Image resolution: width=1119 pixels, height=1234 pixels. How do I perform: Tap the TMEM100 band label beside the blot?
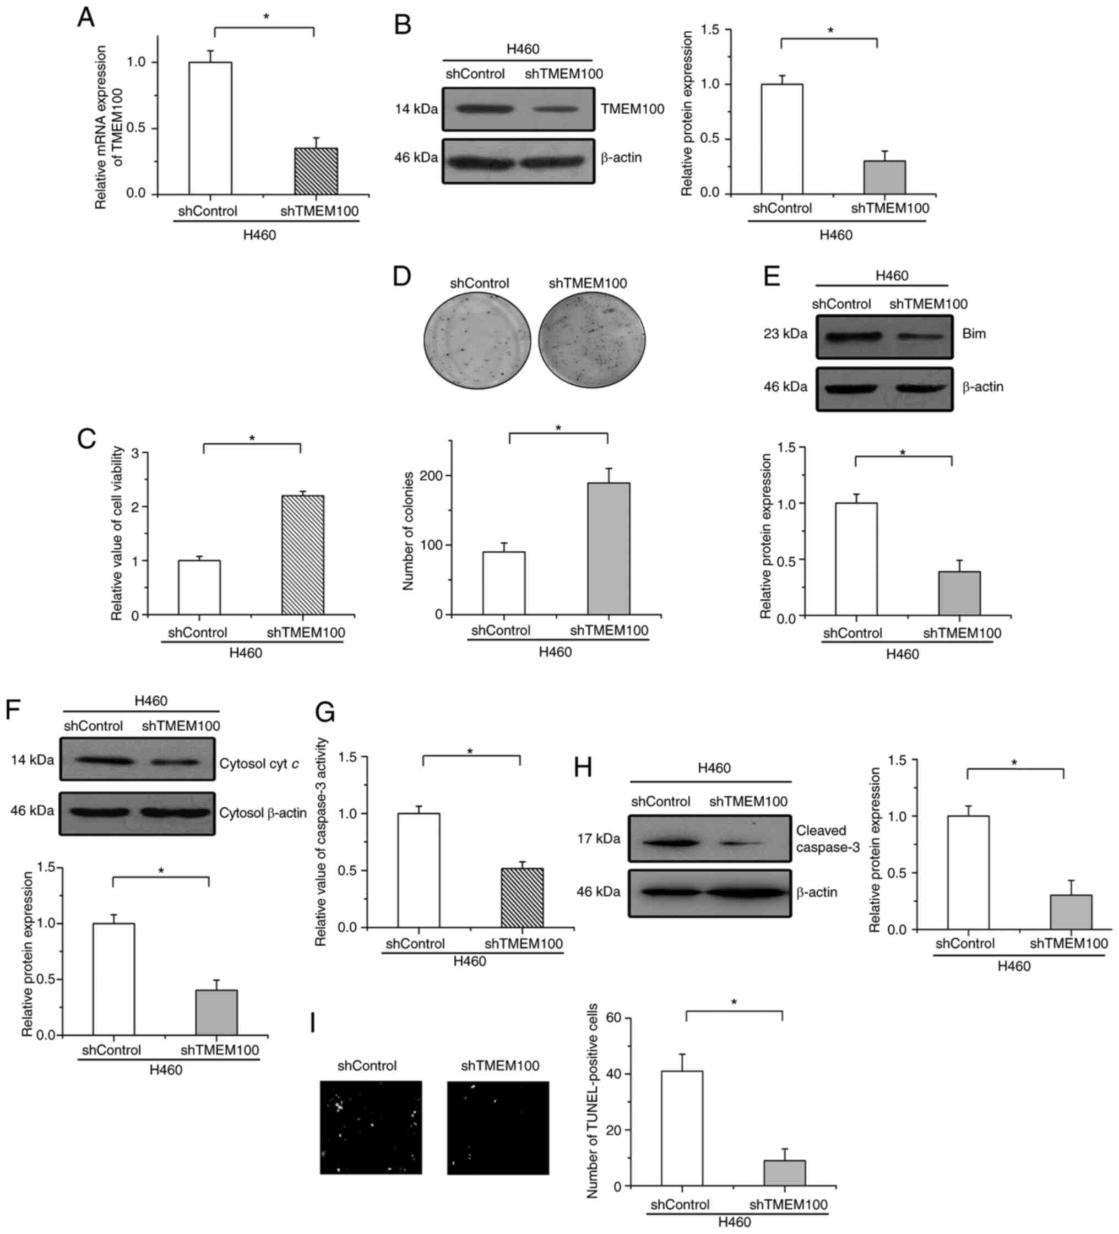pos(632,110)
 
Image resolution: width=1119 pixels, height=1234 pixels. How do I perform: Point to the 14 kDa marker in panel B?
pos(416,110)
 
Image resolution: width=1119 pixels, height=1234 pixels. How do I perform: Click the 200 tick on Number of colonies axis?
pos(439,476)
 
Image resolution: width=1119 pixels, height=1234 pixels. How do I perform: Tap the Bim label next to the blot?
pos(974,334)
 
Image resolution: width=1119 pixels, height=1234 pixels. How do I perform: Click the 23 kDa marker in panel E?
pos(785,334)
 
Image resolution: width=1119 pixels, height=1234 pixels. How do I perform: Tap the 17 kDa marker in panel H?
pos(598,839)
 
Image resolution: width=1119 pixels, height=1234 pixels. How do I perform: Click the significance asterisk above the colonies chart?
pos(558,428)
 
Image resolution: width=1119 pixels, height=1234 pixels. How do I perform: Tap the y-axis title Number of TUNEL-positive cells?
pos(593,1099)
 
